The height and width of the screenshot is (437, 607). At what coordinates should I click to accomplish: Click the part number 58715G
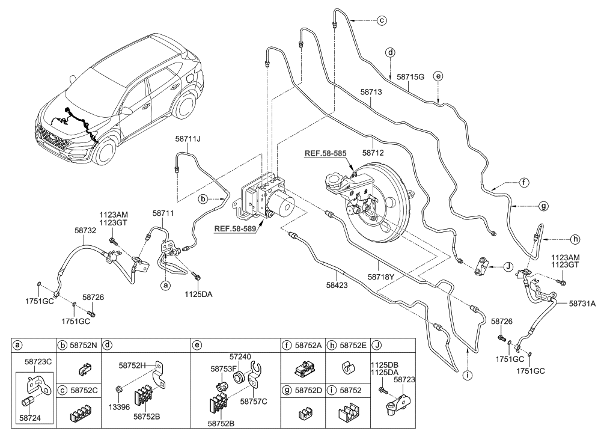pyautogui.click(x=412, y=78)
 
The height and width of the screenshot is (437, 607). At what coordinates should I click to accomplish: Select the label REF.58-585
pyautogui.click(x=325, y=153)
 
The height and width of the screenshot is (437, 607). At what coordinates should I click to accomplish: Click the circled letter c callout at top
pyautogui.click(x=381, y=21)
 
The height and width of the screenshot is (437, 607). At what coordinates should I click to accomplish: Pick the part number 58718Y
pyautogui.click(x=381, y=277)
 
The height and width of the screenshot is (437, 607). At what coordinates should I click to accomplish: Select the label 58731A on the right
pyautogui.click(x=582, y=304)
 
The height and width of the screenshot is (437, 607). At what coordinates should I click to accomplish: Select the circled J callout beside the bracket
pyautogui.click(x=507, y=265)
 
